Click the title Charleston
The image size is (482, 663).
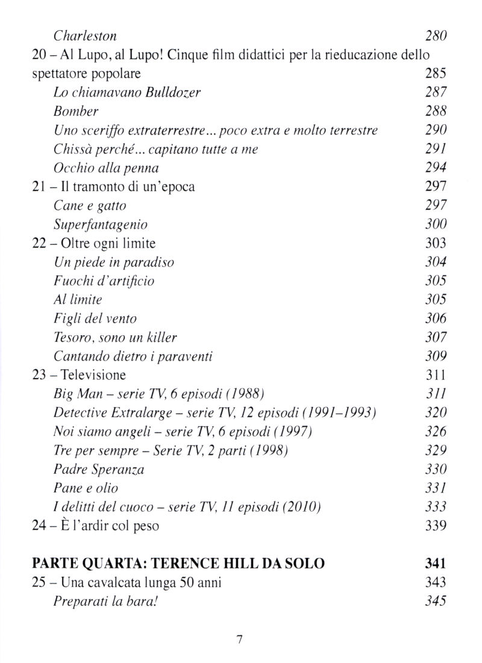[x=85, y=36]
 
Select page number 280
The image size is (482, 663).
[x=434, y=36]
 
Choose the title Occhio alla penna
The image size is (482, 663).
[x=105, y=168]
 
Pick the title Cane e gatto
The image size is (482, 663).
[x=90, y=206]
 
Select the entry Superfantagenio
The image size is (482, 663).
[x=100, y=224]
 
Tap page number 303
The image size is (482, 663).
[x=434, y=243]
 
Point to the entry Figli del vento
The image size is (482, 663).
[x=95, y=318]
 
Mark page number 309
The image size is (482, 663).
[x=434, y=356]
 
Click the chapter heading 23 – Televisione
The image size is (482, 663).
[x=79, y=374]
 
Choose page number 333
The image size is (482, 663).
[x=434, y=506]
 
